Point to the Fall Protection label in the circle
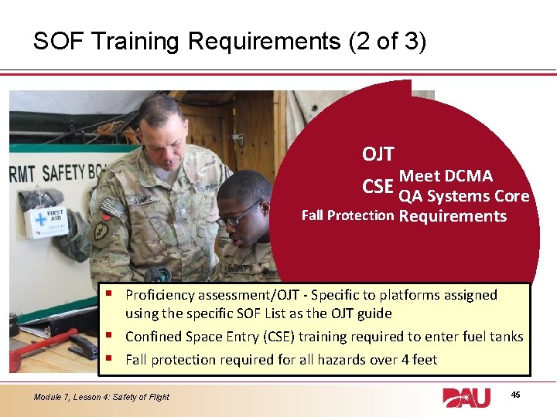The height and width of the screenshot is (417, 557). [x=347, y=215]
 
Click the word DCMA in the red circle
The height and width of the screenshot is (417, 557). [x=468, y=177]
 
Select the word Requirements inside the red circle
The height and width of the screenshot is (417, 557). [x=453, y=216]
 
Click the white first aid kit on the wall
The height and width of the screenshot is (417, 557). [x=46, y=222]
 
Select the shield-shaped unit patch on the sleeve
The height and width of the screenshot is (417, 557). [x=101, y=236]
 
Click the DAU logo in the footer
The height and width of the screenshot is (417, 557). [x=466, y=398]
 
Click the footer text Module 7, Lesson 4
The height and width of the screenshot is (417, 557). [x=80, y=397]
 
